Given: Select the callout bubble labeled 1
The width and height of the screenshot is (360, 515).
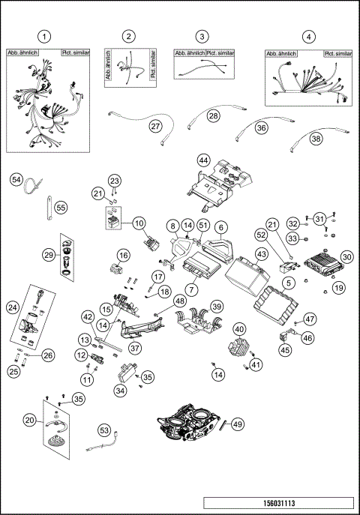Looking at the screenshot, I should (x=46, y=37).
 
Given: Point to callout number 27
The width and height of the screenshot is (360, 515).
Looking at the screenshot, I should (x=155, y=126).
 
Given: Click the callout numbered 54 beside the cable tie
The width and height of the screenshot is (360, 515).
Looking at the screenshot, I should (x=16, y=179).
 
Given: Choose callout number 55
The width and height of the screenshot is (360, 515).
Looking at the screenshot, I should (x=61, y=208).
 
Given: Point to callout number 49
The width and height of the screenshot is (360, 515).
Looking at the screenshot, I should (x=238, y=424).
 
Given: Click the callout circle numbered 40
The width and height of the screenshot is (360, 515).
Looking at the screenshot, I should (x=238, y=328).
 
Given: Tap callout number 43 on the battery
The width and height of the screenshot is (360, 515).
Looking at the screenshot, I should (x=262, y=255).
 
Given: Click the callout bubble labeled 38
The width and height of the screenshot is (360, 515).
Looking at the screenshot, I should (x=316, y=139).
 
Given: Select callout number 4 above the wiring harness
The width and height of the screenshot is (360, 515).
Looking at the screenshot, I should (x=308, y=37).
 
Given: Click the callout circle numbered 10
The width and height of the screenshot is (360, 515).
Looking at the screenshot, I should (x=139, y=223).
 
